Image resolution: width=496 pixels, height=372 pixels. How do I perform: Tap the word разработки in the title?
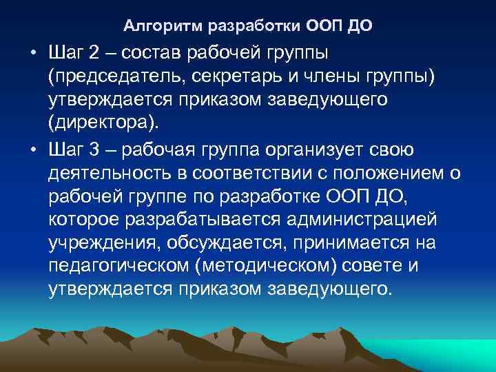[x=247, y=28]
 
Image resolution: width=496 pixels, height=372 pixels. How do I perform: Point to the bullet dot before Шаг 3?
[x=32, y=150]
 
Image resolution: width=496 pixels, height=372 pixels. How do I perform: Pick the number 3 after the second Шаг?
[x=94, y=150]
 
